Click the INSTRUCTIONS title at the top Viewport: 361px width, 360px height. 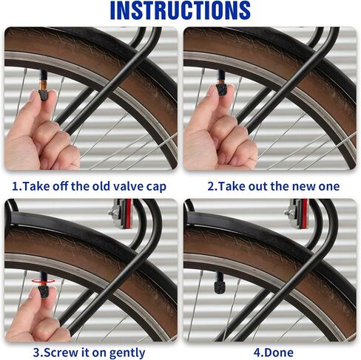(180, 10)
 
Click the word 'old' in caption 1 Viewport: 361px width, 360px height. (100, 186)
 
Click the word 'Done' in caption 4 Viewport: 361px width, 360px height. (280, 353)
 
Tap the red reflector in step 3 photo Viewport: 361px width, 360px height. (128, 214)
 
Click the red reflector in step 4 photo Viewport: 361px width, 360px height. (304, 214)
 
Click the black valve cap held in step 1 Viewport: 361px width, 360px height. (44, 95)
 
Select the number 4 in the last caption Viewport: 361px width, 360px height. (257, 353)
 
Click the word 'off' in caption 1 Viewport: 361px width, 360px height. (61, 186)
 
